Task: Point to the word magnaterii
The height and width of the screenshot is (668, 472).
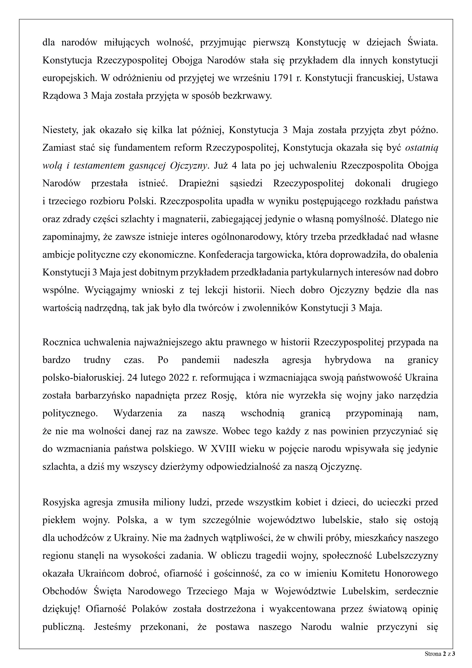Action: (x=185, y=219)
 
